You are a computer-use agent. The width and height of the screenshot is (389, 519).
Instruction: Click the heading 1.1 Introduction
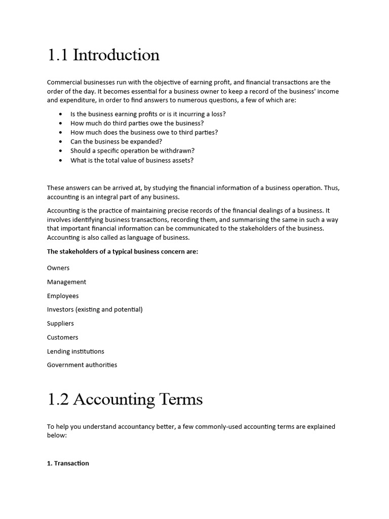pyautogui.click(x=103, y=55)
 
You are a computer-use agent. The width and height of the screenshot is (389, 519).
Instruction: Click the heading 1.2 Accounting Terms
pyautogui.click(x=125, y=399)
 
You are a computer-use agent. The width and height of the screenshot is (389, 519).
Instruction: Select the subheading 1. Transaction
pyautogui.click(x=68, y=463)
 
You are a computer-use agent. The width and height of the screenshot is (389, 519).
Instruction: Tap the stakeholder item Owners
pyautogui.click(x=58, y=268)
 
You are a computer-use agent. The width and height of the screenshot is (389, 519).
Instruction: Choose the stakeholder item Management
pyautogui.click(x=66, y=282)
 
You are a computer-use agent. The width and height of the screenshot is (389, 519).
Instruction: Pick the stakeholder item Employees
pyautogui.click(x=63, y=296)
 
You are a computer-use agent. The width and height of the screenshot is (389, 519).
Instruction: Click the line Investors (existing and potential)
pyautogui.click(x=95, y=309)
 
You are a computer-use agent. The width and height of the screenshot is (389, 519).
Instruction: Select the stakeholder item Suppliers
pyautogui.click(x=60, y=323)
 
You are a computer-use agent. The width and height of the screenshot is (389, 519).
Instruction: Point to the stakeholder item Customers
pyautogui.click(x=62, y=338)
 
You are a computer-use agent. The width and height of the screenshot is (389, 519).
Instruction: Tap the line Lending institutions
pyautogui.click(x=75, y=351)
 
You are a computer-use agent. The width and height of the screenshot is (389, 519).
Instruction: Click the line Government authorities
pyautogui.click(x=82, y=365)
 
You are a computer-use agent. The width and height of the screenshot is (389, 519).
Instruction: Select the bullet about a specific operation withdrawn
pyautogui.click(x=132, y=151)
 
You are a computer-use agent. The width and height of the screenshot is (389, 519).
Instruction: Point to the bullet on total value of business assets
pyautogui.click(x=132, y=161)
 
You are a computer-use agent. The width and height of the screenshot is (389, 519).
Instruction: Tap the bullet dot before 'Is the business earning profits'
pyautogui.click(x=61, y=114)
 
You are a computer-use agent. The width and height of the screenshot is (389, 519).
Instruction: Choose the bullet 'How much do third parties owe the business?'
pyautogui.click(x=137, y=123)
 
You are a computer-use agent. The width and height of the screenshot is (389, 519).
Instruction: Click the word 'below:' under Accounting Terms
pyautogui.click(x=57, y=435)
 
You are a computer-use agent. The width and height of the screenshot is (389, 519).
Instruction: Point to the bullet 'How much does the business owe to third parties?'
pyautogui.click(x=144, y=132)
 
